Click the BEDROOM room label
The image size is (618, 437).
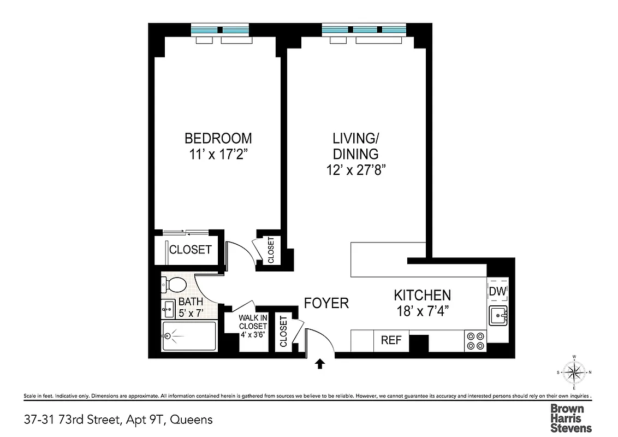tap(218, 138)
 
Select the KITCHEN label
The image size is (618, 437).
tap(422, 296)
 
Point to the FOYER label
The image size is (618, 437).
tap(326, 303)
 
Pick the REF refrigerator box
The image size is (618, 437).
tap(391, 340)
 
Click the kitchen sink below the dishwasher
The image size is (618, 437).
tap(497, 316)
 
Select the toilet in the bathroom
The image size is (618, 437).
tap(174, 285)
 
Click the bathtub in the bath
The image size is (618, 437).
tap(189, 336)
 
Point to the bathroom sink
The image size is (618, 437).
tap(168, 309)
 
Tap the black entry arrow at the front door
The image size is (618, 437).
tap(319, 363)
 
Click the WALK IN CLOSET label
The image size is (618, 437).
tap(252, 326)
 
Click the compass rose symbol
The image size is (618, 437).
tap(574, 373)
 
